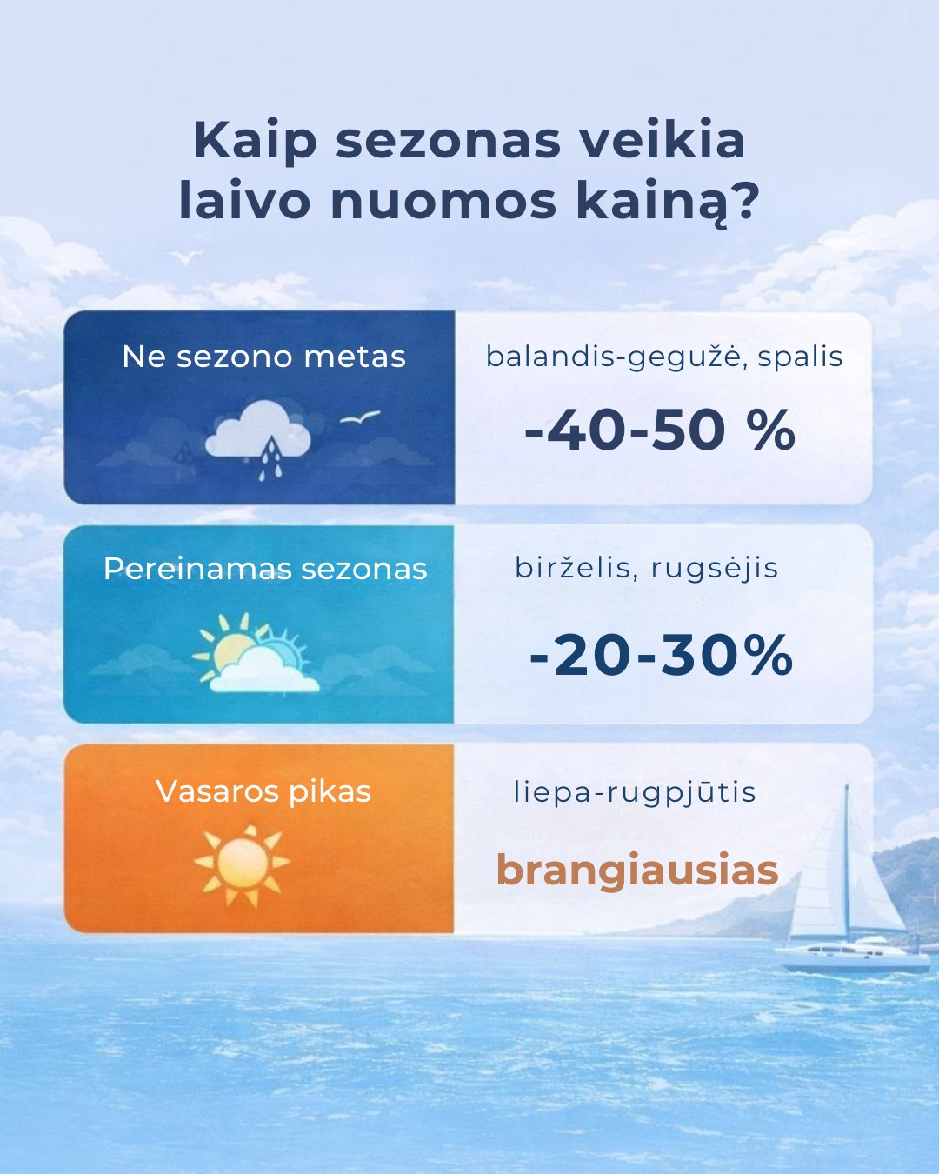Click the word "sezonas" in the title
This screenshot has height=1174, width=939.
448,141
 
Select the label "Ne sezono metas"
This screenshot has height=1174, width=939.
263,357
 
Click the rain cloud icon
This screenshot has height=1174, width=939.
258,436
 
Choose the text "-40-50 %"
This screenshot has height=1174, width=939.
660,430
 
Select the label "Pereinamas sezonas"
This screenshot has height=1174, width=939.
265,569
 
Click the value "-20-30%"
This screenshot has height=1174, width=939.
661,655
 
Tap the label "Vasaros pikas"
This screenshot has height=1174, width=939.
263,791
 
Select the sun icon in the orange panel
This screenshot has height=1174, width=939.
242,864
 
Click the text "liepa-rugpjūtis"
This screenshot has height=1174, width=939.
635,793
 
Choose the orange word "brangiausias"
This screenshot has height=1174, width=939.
636,870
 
